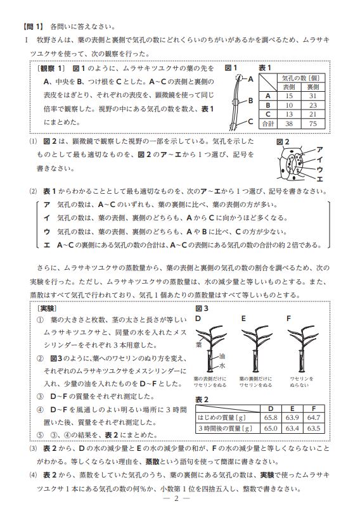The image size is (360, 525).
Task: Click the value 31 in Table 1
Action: tap(312, 96)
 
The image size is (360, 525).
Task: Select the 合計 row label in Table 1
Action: tap(268, 123)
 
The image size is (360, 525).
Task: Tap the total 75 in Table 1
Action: tap(312, 123)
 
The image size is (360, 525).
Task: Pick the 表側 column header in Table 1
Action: tap(289, 87)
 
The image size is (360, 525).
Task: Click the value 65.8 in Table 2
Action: tap(271, 417)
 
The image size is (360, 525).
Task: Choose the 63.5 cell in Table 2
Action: tap(313, 428)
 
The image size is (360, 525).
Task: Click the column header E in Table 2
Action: tap(292, 408)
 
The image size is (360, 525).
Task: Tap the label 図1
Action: tap(231, 68)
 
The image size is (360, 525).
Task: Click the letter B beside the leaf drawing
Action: tap(250, 101)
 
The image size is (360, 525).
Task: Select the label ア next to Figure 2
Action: tap(319, 149)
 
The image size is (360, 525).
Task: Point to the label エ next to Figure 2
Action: tap(319, 179)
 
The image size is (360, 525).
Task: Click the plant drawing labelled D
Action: tap(210, 348)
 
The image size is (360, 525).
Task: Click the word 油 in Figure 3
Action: tap(222, 356)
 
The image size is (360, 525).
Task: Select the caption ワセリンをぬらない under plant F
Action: tap(301, 382)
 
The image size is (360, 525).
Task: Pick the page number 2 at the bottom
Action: tap(176, 498)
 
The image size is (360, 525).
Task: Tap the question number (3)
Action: tap(33, 448)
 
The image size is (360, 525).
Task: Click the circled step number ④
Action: tap(40, 410)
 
